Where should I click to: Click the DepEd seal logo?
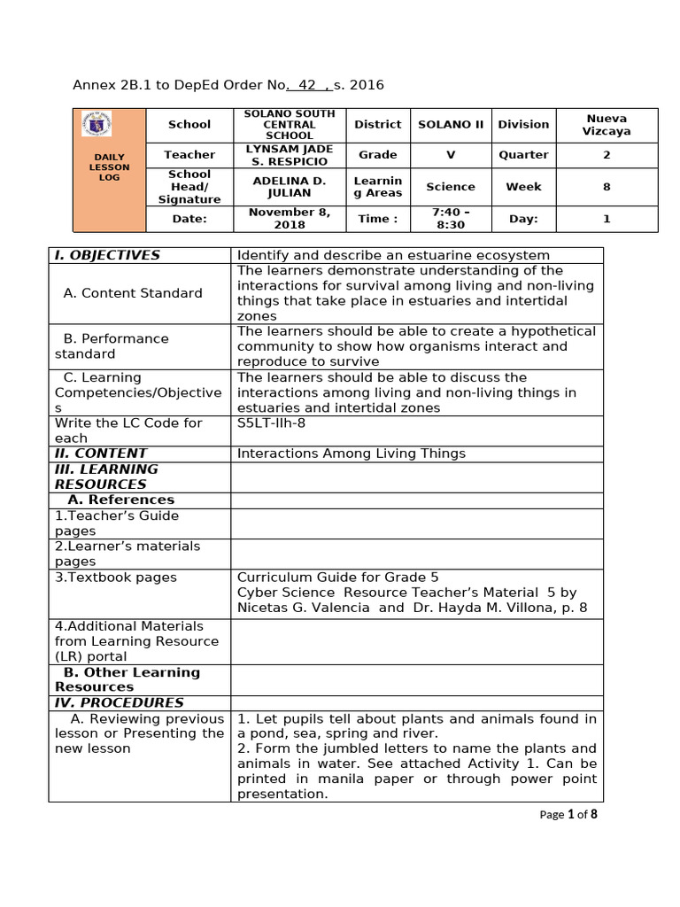[107, 126]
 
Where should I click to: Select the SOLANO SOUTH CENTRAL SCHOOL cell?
[290, 125]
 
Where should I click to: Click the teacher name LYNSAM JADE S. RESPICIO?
[290, 155]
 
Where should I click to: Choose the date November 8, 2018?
[290, 219]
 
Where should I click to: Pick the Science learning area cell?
[451, 187]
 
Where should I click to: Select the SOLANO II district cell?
[451, 125]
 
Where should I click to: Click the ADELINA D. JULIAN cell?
[290, 187]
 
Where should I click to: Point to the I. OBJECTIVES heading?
[107, 255]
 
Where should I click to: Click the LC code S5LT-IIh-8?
[271, 423]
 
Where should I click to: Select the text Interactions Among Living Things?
[351, 453]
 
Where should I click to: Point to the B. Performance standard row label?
[111, 346]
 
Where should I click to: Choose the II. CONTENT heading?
[100, 453]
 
